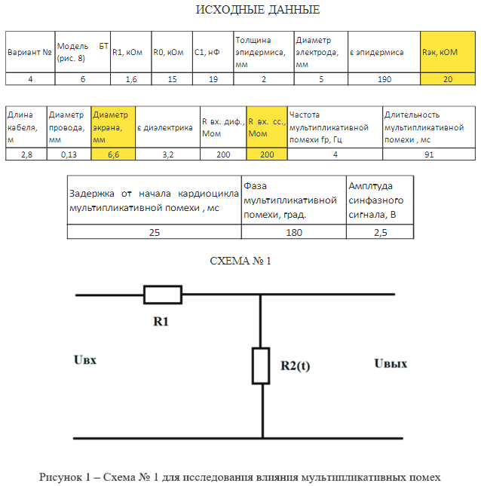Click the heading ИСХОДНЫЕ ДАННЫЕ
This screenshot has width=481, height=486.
[257, 10]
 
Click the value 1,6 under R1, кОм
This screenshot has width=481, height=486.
[130, 78]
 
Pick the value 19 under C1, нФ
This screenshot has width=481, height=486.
[213, 78]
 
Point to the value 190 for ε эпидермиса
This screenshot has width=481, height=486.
[383, 78]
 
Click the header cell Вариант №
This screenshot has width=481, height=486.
[29, 52]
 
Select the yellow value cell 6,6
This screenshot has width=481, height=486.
[112, 154]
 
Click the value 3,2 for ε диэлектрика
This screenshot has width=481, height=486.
[167, 154]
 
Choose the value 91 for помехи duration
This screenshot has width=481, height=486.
[428, 154]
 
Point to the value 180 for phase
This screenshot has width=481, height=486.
[293, 232]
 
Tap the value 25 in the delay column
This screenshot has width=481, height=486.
[154, 232]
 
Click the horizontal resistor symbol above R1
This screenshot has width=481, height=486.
[163, 295]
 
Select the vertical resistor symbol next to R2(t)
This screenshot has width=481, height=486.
[261, 365]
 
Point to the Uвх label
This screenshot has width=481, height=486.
[85, 360]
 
